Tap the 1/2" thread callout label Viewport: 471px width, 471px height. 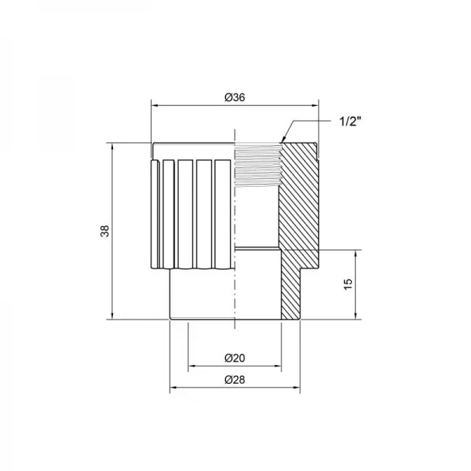pos(351,121)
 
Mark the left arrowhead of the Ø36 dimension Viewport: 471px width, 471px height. pos(155,104)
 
